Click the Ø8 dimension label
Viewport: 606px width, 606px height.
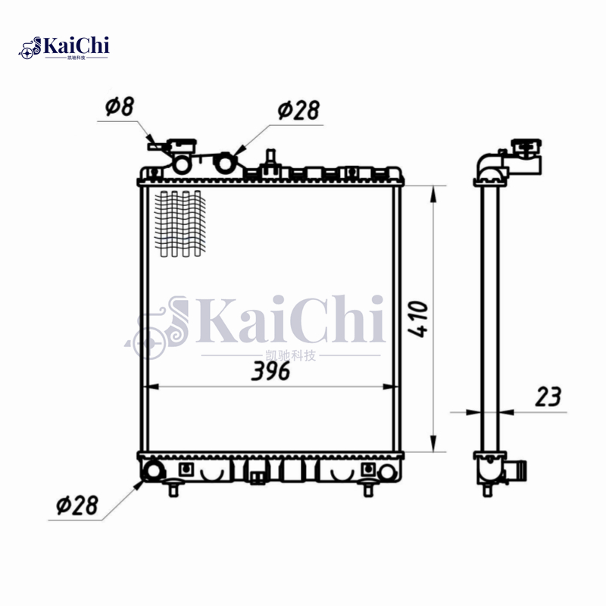point(120,107)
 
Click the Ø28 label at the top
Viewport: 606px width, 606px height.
point(298,111)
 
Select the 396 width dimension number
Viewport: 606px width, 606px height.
point(270,372)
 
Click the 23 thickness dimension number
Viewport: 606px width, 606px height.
point(548,397)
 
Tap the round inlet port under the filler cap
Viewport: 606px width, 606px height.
point(183,163)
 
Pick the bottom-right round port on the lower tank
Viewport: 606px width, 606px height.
point(387,472)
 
